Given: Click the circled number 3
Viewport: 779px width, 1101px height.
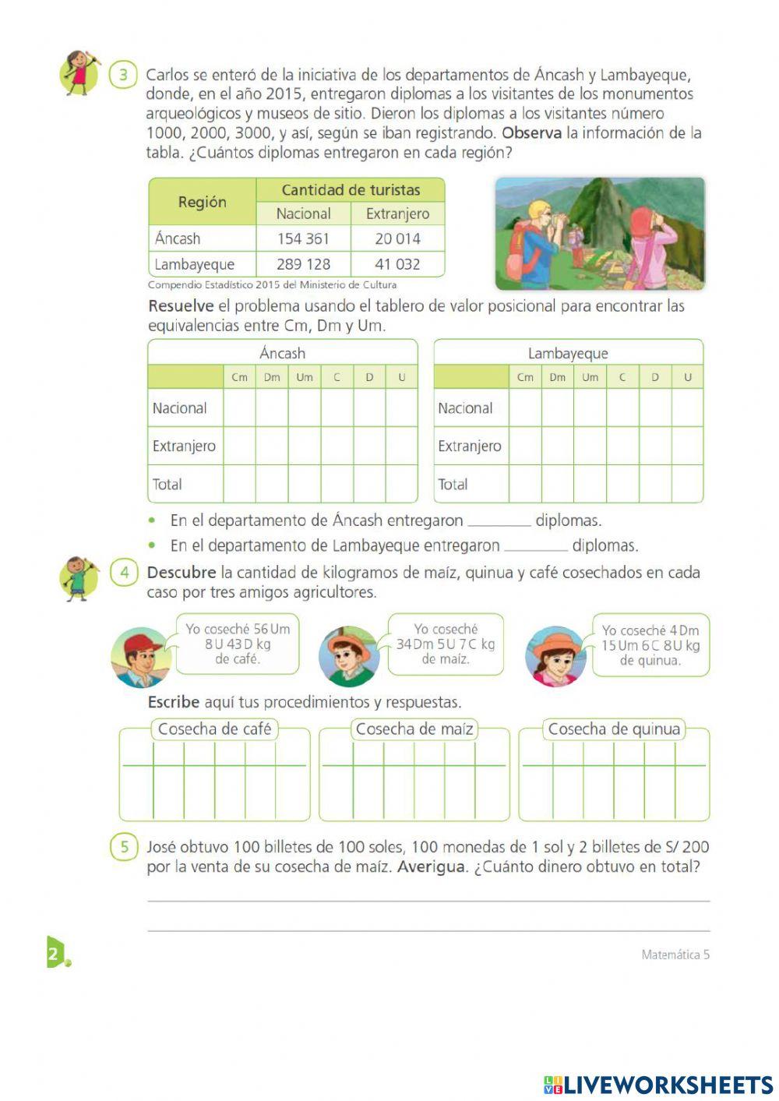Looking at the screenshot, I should (123, 76).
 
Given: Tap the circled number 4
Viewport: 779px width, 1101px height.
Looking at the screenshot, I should (124, 573).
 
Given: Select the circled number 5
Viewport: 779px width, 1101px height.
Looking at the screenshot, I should (124, 847).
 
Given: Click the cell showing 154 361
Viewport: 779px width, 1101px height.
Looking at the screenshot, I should (303, 238).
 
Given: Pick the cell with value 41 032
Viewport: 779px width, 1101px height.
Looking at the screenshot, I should (397, 264).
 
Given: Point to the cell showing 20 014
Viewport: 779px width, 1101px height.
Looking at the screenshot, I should (397, 238).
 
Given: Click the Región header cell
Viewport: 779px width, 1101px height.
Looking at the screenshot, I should (202, 202).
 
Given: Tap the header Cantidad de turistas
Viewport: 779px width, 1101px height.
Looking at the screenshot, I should (351, 189).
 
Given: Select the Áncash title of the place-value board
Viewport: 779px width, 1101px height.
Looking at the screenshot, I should (282, 353).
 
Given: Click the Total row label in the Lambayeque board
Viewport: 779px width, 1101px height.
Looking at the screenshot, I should (453, 484).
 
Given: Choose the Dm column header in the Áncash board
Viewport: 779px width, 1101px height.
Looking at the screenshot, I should (272, 377).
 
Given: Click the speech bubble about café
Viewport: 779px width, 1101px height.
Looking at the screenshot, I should (238, 644).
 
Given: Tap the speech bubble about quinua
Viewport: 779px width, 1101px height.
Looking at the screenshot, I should (650, 645).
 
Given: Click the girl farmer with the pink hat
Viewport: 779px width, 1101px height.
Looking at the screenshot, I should (555, 657).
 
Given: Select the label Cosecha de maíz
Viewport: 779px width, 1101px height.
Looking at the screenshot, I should (414, 729).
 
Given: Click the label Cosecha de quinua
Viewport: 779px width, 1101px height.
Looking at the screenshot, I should (614, 729).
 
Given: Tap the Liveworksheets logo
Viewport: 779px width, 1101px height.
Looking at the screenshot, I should (658, 1085).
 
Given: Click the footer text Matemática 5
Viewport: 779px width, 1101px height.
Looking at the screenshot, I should (675, 955).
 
